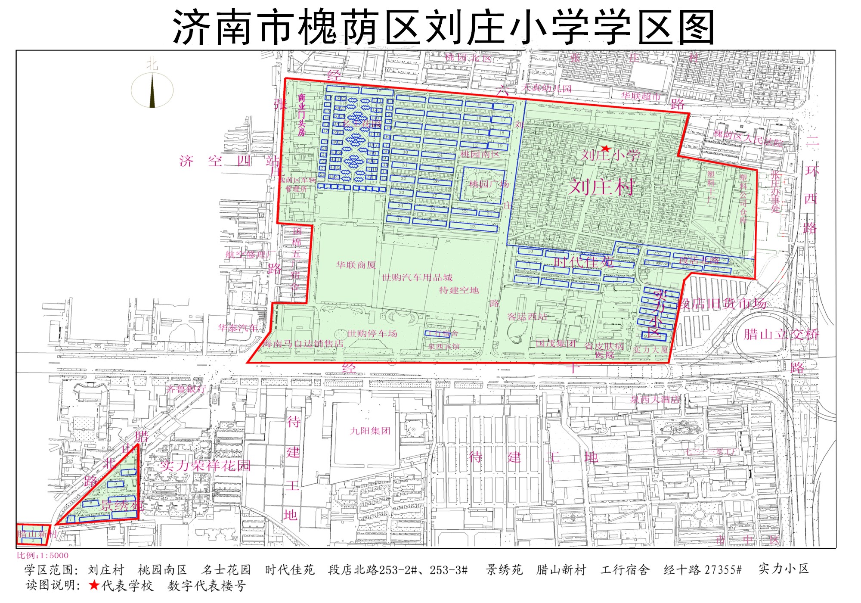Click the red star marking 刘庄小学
click(606, 149)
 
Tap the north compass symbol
click(152, 88)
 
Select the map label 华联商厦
click(356, 265)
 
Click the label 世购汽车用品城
click(417, 277)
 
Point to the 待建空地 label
click(459, 290)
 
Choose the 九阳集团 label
click(370, 431)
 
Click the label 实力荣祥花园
click(205, 466)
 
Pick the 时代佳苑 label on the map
click(584, 261)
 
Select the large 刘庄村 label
click(602, 187)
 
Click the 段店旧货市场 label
click(722, 304)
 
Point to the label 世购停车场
click(372, 333)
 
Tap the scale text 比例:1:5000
click(43, 555)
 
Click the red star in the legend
click(94, 585)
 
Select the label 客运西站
click(527, 317)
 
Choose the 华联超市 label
click(641, 96)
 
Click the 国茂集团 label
click(556, 343)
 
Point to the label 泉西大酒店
click(655, 399)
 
